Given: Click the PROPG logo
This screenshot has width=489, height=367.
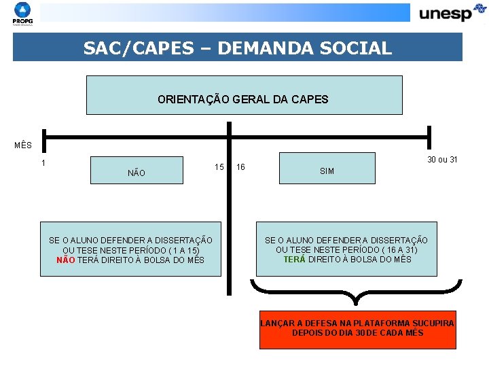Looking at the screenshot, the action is pos(22,13).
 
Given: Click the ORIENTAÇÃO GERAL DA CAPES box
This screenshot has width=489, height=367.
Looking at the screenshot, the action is pos(244,95).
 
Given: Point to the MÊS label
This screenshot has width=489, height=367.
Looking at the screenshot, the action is pos(22,145).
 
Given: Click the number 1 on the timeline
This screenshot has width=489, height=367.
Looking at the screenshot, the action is pos(43,163).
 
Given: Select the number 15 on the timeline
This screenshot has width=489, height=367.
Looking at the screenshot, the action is pos(219,167).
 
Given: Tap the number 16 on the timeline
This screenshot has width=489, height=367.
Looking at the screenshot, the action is pos(240,167).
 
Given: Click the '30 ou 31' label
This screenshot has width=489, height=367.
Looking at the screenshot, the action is pos(442,160).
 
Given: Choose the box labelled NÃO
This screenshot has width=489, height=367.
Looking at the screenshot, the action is pos(137,171).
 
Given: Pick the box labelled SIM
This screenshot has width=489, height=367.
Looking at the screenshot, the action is pos(327,169).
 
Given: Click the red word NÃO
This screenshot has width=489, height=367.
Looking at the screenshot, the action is pos(66,260).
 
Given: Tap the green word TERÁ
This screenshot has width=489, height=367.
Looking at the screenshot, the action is pos(294,259).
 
